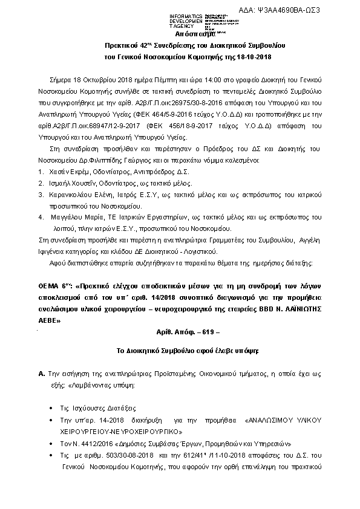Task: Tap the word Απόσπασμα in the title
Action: (x=183, y=34)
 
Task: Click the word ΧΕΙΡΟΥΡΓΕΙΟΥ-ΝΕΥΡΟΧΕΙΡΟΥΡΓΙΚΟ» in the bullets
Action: (x=120, y=432)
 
